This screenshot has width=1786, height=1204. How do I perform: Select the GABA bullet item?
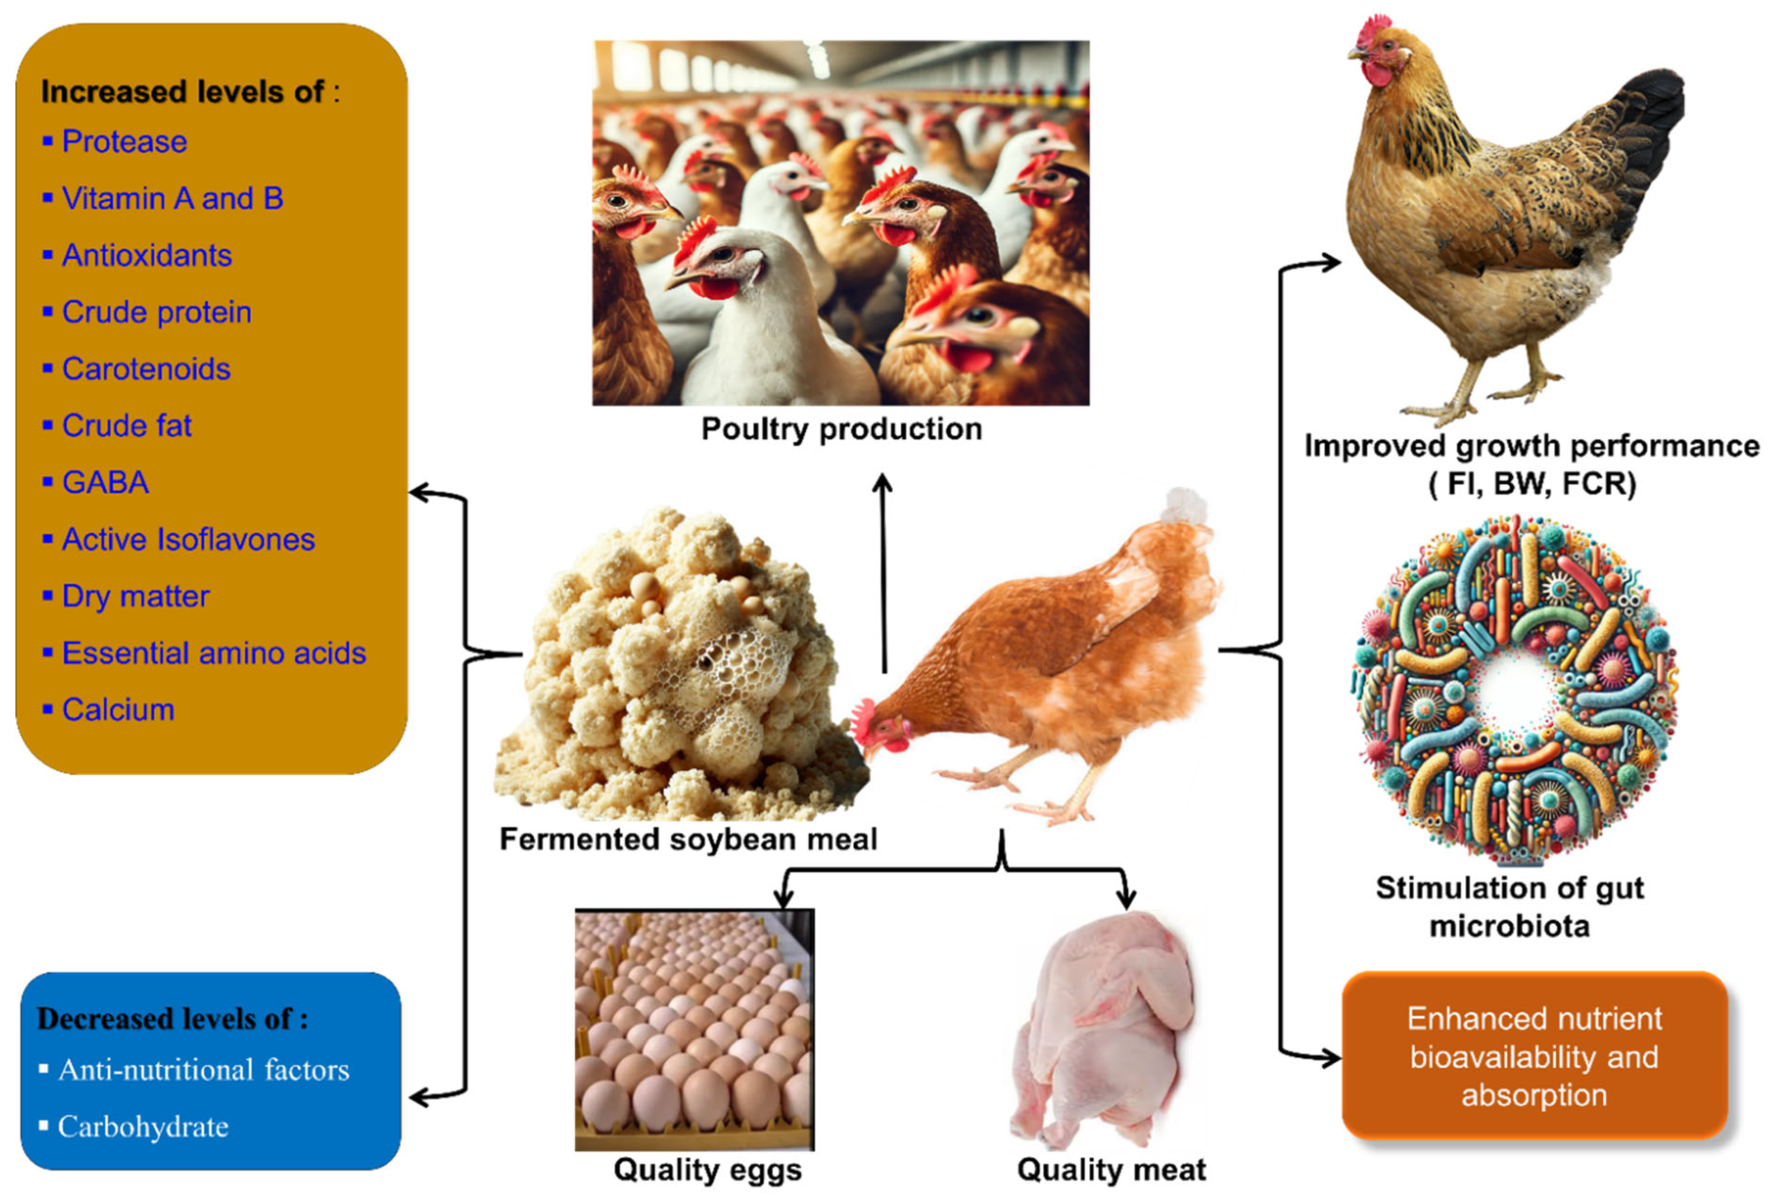tap(105, 483)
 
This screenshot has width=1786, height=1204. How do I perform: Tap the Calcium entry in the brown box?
tap(118, 710)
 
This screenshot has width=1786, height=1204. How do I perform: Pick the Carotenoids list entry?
tap(146, 369)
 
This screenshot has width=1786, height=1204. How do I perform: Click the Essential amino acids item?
tap(214, 653)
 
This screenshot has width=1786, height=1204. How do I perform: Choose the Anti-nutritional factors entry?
tap(204, 1070)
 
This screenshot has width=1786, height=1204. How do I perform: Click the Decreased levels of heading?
tap(172, 1019)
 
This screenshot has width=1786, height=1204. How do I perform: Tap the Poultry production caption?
tap(841, 429)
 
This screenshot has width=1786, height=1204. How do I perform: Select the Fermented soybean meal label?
tap(688, 839)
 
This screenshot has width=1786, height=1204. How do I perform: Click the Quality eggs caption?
tap(707, 1170)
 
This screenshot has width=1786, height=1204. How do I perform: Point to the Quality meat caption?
tap(1111, 1170)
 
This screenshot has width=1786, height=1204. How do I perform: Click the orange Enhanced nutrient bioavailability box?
tap(1534, 1057)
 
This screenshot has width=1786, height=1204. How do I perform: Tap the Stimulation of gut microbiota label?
tap(1510, 907)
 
